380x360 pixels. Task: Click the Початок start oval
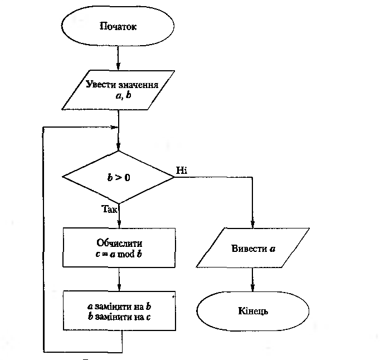coord(118,26)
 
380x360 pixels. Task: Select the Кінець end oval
coord(253,311)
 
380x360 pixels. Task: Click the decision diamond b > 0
coord(119,178)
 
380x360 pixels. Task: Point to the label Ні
coord(182,170)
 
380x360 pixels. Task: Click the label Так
coord(110,210)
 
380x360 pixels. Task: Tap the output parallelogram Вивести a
coord(253,248)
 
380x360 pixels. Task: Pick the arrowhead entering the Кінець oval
coord(253,287)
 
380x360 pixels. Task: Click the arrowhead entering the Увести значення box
coord(119,66)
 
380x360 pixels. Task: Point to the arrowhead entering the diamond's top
coord(119,147)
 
